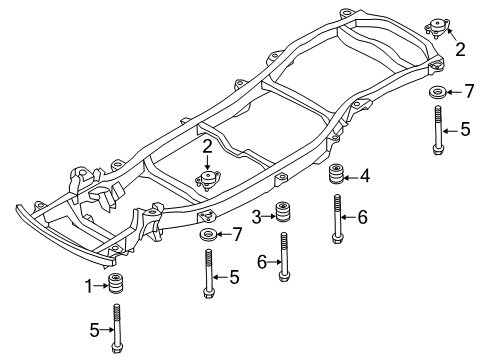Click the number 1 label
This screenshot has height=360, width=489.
(88, 286)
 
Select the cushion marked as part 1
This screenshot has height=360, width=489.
(116, 285)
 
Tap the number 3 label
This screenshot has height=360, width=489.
(256, 216)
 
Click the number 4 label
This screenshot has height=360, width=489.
(365, 177)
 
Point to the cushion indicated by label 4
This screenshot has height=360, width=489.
(336, 176)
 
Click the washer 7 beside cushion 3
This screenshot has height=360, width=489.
(208, 235)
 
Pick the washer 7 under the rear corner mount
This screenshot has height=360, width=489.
(437, 93)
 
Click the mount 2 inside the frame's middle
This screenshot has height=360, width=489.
(207, 181)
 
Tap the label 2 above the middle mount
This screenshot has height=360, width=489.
(206, 146)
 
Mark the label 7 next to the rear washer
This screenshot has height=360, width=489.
(468, 92)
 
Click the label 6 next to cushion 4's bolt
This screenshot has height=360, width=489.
(363, 216)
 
